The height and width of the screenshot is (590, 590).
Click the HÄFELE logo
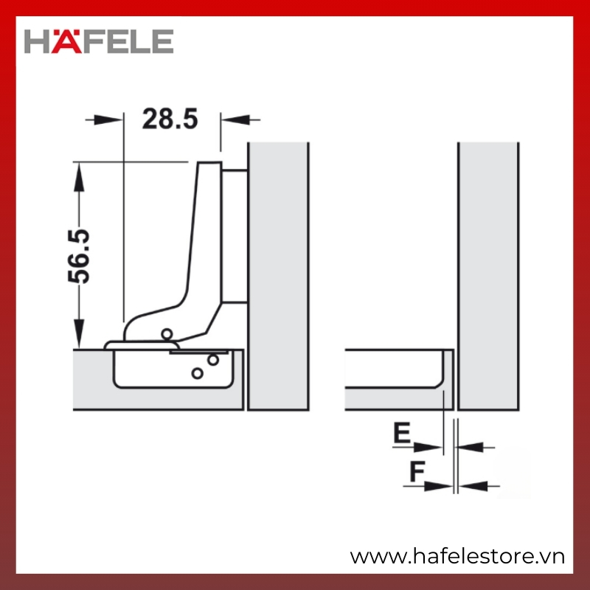coord(99,41)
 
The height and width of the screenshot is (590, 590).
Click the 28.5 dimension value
coord(170,119)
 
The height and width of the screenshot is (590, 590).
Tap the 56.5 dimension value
coord(79,256)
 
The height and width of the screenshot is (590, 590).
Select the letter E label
coord(402,433)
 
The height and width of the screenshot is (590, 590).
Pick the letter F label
coord(417,471)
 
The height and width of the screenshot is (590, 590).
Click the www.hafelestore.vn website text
coord(457,556)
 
